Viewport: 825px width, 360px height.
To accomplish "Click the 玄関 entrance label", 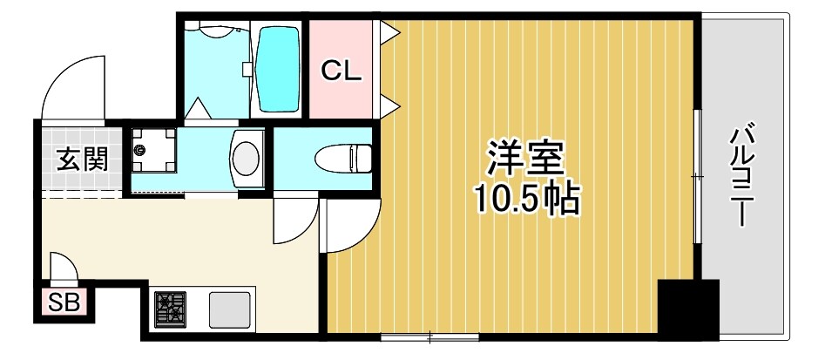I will coord(83,160).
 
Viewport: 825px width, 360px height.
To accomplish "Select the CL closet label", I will coord(341,72).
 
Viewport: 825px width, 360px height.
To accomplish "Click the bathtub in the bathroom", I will coord(280,67).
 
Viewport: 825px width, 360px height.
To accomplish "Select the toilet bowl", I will coord(341,159).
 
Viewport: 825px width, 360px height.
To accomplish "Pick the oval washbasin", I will coord(247,158).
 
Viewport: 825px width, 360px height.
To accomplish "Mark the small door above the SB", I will coord(64,268).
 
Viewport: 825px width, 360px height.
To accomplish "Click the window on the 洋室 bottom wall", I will coord(430,336).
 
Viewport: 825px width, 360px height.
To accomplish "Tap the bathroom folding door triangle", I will coord(197,110).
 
